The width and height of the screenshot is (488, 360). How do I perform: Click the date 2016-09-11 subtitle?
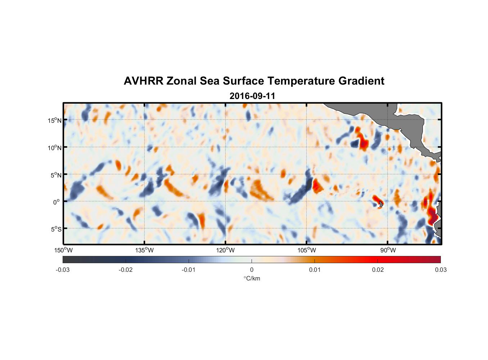coord(252,96)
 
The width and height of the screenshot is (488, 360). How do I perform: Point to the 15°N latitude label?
coord(55,120)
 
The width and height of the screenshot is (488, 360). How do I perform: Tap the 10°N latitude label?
coord(55,148)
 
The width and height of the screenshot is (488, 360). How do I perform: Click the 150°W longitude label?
coord(63,250)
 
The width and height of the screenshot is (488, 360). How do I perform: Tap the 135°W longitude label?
coord(144,250)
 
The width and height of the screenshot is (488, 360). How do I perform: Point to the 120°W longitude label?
coord(225,250)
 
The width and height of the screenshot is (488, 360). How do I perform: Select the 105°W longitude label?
coord(307,250)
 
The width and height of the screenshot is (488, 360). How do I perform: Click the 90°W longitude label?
coord(388,250)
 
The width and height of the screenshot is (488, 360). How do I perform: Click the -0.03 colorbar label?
coord(63,270)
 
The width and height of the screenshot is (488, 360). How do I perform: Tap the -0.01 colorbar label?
coord(189,270)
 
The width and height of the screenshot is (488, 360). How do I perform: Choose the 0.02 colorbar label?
coord(378,270)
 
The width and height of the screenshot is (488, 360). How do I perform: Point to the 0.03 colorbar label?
coord(440,270)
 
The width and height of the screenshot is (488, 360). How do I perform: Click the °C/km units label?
coord(252,278)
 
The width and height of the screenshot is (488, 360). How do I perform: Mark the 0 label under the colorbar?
coord(252,270)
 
